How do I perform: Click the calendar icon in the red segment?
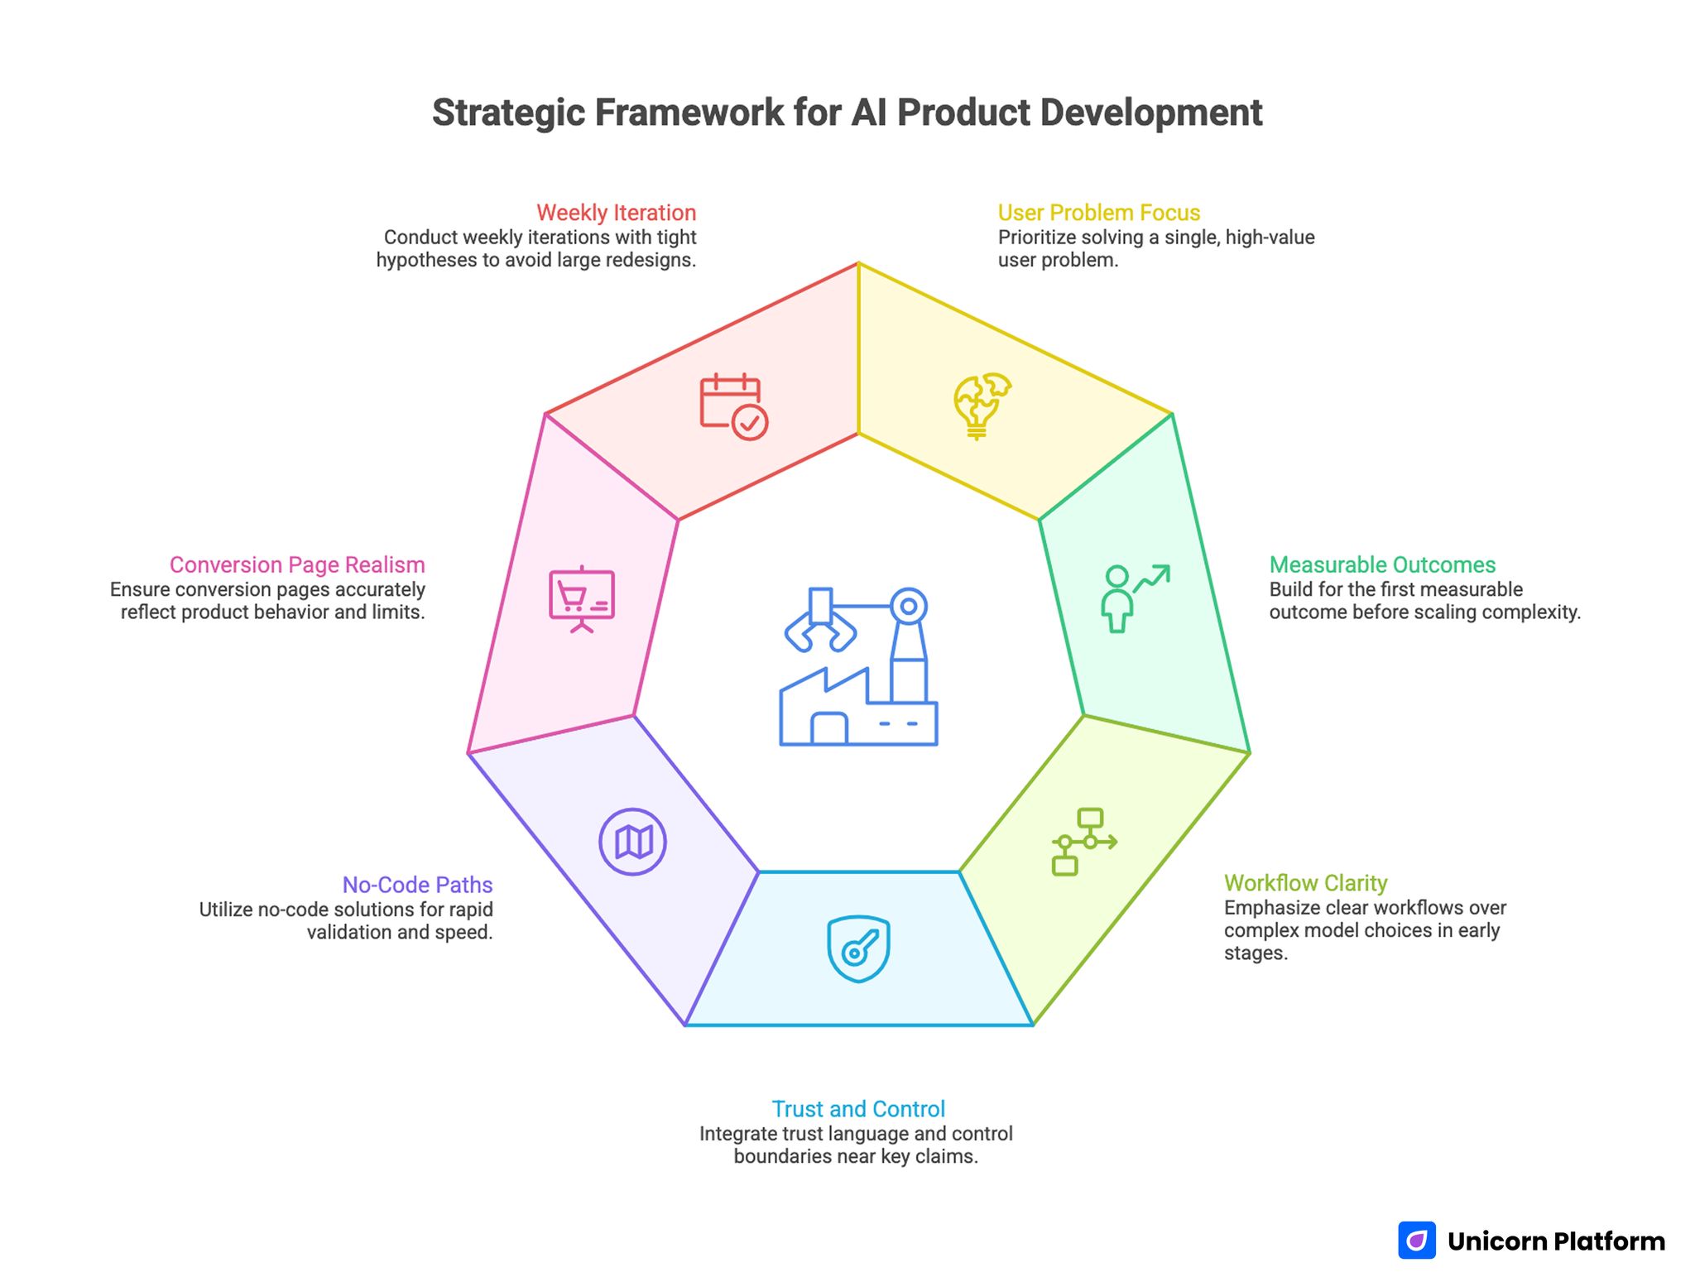tap(733, 406)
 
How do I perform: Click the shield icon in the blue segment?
tap(858, 948)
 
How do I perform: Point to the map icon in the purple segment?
tap(633, 842)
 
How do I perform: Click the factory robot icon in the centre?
tap(858, 667)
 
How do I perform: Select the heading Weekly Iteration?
tap(616, 213)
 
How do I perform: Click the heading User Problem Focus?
tap(1098, 213)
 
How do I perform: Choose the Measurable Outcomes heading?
tap(1382, 564)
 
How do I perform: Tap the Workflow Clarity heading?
tap(1305, 883)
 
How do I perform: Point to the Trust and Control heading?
tap(858, 1109)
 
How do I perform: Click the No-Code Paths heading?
tap(417, 885)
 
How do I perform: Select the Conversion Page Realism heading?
tap(297, 564)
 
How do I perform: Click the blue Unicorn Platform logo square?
tap(1417, 1240)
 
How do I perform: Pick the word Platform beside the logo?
tap(1609, 1241)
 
